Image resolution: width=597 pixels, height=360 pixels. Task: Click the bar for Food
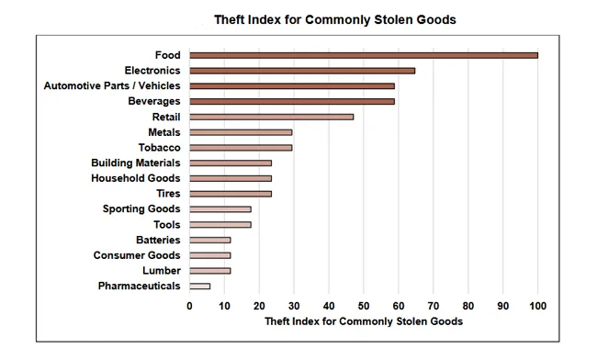click(364, 55)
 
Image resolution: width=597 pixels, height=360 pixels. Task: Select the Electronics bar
click(302, 71)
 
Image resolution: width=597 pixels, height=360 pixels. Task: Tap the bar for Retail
click(271, 117)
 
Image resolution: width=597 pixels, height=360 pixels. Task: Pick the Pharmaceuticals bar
click(199, 287)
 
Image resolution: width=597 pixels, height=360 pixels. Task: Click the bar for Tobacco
click(241, 148)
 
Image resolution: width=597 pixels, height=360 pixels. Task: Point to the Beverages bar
click(292, 101)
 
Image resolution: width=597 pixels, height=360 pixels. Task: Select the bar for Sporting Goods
click(220, 209)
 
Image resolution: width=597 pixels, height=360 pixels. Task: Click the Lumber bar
click(210, 271)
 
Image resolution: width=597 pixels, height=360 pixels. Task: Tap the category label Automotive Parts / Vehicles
click(112, 85)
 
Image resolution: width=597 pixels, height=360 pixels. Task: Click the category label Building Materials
click(135, 163)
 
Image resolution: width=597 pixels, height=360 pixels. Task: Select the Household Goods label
click(135, 178)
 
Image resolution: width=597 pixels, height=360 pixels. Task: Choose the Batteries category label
click(157, 240)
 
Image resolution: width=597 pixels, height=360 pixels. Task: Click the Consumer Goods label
click(137, 255)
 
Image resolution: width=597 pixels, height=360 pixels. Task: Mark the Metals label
click(163, 132)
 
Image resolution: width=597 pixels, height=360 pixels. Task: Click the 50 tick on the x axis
click(364, 306)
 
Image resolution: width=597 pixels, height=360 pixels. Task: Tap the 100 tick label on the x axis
click(537, 306)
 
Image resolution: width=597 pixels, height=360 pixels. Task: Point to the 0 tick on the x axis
click(190, 306)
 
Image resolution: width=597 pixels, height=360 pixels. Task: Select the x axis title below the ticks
click(363, 322)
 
